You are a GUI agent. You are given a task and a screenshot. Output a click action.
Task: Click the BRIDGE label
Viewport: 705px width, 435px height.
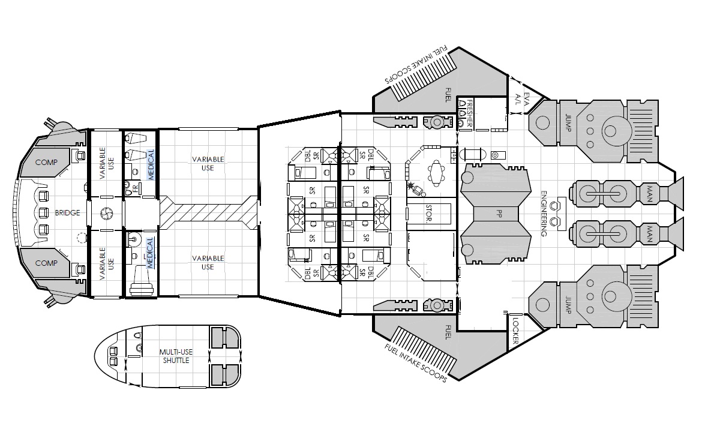67,213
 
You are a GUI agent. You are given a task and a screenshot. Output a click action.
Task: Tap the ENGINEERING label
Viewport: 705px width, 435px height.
544,213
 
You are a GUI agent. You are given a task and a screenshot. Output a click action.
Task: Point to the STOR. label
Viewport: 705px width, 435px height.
428,213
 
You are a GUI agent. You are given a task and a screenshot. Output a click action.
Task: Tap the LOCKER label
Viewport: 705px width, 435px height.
515,331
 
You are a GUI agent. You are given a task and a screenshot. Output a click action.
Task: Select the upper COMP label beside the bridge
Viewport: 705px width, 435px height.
46,163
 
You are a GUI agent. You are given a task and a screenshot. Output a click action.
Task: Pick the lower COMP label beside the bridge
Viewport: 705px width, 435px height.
46,263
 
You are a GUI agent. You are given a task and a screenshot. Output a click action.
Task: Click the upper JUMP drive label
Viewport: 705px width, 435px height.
568,122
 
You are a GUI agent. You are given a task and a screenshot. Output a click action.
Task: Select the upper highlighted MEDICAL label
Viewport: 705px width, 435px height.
151,164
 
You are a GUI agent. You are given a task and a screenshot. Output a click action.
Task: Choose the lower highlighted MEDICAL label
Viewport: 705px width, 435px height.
150,253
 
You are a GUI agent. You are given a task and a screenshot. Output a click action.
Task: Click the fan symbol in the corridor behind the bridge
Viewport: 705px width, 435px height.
107,213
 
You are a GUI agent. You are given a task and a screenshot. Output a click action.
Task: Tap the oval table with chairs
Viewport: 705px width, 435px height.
436,173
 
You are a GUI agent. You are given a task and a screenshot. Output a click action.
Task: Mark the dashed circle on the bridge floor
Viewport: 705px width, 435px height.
81,237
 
